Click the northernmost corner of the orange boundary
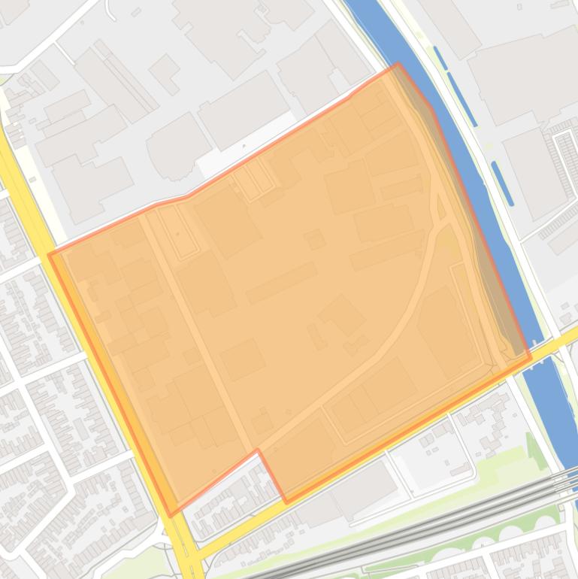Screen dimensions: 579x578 pyautogui.click(x=398, y=65)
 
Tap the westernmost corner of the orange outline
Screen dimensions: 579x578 pyautogui.click(x=50, y=255)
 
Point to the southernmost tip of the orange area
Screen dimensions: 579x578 pyautogui.click(x=171, y=515)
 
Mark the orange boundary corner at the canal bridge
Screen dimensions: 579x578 pyautogui.click(x=529, y=357)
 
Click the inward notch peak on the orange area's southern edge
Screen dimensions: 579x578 pyautogui.click(x=258, y=450)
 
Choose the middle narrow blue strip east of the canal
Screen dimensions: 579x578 pyautogui.click(x=461, y=99)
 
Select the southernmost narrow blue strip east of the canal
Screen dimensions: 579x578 pyautogui.click(x=502, y=183)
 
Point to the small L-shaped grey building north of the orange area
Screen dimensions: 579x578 pyautogui.click(x=164, y=74)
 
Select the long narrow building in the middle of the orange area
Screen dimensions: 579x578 pyautogui.click(x=281, y=283)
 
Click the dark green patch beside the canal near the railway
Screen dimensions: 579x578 pyautogui.click(x=535, y=450)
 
